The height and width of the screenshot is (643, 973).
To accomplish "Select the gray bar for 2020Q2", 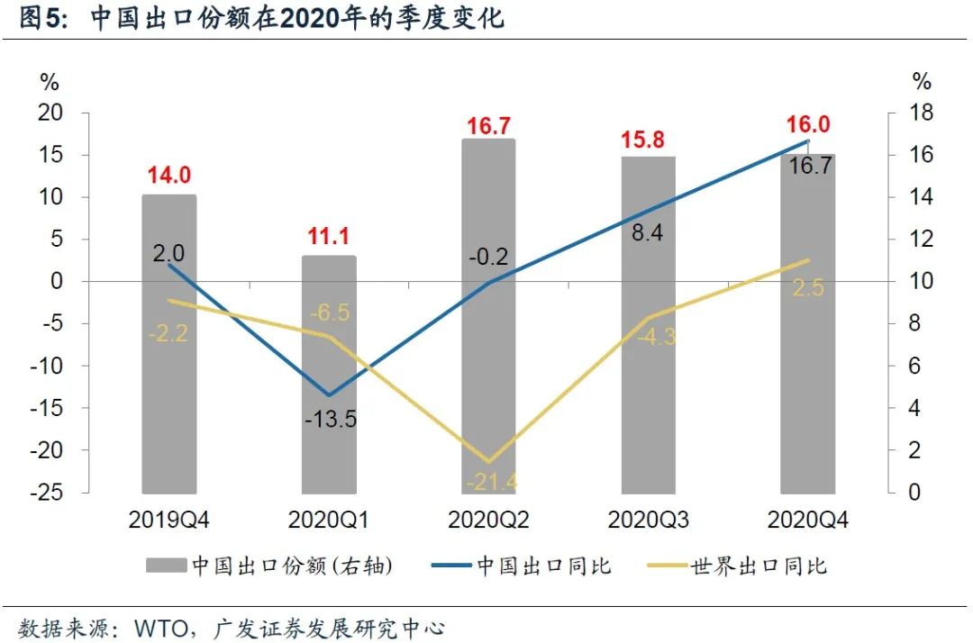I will coord(488,315).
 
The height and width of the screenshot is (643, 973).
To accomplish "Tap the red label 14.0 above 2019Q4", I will coord(169,176).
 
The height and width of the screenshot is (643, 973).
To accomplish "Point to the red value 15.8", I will coord(648,140).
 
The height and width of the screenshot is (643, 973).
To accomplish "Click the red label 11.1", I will coord(329,238).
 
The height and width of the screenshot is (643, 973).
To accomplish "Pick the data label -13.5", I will coord(329,419).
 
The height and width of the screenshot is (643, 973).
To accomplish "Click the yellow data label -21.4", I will coord(492,482).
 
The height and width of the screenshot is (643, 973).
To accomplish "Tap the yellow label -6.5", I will coord(330,313).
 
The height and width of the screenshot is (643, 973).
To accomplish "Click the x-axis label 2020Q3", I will coord(648,520).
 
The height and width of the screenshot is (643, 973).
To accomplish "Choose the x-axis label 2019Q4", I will coord(169,520).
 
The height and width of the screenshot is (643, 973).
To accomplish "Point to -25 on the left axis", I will coord(50,492).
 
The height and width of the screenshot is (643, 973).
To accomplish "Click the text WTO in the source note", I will coord(159,627).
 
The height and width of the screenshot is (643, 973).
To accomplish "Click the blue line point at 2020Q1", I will coord(329,395).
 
